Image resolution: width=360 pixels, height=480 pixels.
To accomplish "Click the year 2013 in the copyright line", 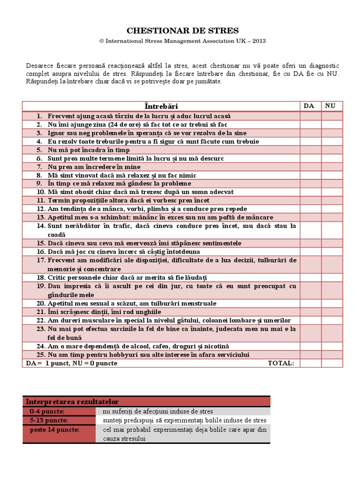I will (259, 41).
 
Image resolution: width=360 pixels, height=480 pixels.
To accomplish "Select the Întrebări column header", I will (161, 106).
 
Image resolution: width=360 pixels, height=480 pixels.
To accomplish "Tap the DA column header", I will (309, 106).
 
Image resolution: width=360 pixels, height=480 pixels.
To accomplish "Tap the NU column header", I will (330, 106).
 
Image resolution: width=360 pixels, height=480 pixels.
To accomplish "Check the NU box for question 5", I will (332, 150).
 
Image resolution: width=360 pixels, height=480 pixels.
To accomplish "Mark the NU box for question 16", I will (332, 252).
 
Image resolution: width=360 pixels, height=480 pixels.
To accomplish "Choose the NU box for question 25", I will (332, 355).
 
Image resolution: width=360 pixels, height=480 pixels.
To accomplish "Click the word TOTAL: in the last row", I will (281, 363).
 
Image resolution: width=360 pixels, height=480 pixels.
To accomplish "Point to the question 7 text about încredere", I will (94, 167).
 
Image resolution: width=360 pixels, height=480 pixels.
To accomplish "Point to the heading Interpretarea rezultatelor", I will (72, 402).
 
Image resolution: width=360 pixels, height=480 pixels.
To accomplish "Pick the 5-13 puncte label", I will (48, 420).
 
